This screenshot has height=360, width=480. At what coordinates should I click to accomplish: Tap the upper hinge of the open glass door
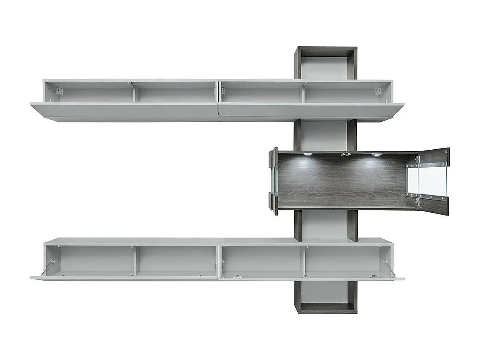tap(417, 159)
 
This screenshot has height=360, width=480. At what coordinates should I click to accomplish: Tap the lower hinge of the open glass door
tap(417, 202)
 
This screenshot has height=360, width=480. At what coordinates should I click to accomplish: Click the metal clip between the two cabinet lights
tap(345, 154)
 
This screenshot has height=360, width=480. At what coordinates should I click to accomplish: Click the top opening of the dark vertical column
tap(325, 64)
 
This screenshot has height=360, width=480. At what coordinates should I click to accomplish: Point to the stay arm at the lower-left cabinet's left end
tap(48, 267)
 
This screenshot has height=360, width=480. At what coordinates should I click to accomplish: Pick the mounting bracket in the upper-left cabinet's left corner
tap(59, 91)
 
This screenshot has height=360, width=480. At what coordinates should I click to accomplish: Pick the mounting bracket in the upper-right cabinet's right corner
tap(377, 91)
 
